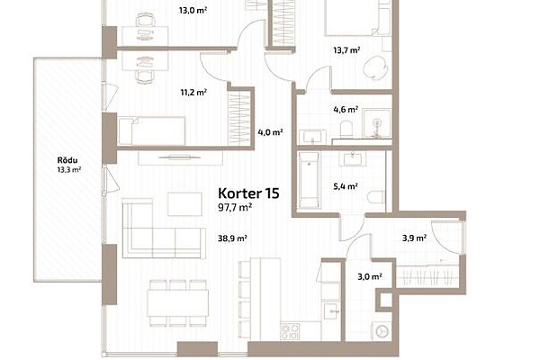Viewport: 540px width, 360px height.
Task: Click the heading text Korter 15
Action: tap(248, 193)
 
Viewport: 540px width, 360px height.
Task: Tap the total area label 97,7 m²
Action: tap(235, 207)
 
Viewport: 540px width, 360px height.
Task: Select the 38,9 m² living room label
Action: tap(232, 238)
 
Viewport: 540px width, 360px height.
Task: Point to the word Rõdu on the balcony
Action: tap(67, 160)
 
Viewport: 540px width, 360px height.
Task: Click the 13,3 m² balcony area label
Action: tap(69, 169)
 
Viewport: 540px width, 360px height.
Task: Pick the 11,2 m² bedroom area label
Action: tap(193, 93)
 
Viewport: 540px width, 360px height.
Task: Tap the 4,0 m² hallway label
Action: tap(270, 132)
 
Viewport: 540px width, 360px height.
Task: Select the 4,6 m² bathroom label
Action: tap(346, 110)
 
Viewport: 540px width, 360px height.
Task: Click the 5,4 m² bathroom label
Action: tap(346, 186)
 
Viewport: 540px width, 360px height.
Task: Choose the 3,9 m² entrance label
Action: tap(415, 238)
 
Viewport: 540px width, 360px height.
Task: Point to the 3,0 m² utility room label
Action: tap(370, 276)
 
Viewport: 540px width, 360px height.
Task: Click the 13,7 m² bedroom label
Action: tap(346, 50)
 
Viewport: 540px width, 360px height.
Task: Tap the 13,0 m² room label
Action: tap(193, 10)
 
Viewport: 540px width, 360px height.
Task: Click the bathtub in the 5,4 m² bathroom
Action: tap(309, 180)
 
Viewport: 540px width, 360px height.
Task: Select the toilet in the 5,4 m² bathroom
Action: tap(375, 198)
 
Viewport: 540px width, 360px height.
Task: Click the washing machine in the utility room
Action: tap(382, 332)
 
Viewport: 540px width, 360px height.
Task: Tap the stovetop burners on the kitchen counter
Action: tap(290, 331)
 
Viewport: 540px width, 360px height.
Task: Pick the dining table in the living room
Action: tap(177, 303)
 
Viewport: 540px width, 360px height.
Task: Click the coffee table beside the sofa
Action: tap(184, 204)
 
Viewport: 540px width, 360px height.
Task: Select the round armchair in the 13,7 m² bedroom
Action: tap(374, 67)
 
